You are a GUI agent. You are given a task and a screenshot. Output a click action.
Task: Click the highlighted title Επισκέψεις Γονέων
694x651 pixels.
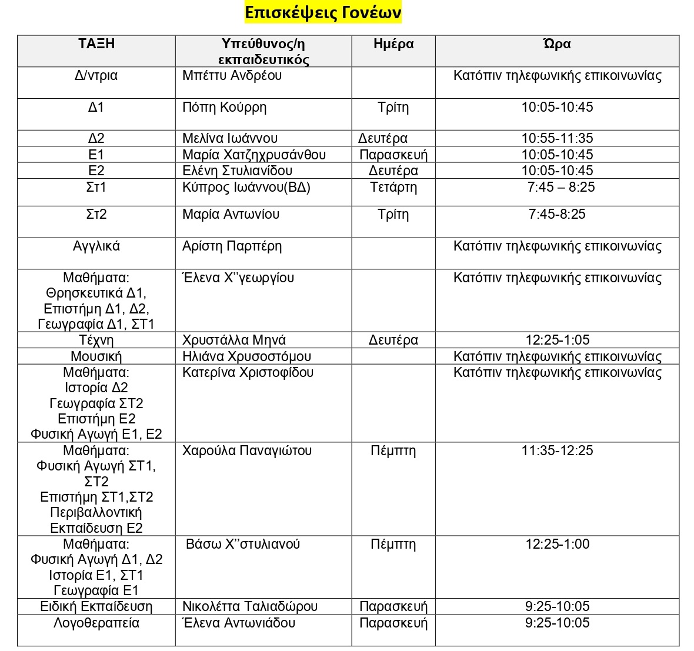pos(323,13)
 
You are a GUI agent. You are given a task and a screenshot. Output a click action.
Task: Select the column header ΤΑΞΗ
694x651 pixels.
pos(96,44)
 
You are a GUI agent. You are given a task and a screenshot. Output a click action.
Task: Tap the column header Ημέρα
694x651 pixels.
pos(393,44)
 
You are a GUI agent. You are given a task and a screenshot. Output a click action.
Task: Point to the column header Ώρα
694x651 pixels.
pos(556,44)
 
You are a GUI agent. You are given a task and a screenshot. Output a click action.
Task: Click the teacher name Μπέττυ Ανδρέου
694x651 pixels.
pos(232,76)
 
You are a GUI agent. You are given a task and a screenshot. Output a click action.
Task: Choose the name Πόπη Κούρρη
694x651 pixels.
pos(224,108)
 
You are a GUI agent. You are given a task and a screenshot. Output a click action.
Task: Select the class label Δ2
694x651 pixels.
pos(96,139)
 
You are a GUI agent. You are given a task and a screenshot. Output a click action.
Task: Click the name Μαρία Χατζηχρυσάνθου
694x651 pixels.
pos(253,155)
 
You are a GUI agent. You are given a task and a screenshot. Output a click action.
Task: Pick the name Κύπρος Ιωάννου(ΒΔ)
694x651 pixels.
pos(246,188)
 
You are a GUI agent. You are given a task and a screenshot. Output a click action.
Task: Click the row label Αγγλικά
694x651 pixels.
pos(96,246)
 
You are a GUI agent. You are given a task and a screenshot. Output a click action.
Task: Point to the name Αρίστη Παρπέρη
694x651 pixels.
pos(232,246)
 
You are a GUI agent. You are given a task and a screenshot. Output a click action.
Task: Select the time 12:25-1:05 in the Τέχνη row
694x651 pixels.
pos(557,340)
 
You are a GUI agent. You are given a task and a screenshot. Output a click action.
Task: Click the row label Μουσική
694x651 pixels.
pos(96,356)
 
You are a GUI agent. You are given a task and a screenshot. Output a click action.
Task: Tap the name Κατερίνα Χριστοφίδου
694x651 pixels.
pos(248,373)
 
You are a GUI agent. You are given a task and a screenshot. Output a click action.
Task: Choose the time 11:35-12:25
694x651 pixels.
pos(557,451)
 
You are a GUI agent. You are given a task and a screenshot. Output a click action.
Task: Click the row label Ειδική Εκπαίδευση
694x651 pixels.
pos(96,607)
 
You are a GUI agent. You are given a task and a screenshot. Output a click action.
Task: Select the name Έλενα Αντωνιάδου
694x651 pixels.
pos(238,623)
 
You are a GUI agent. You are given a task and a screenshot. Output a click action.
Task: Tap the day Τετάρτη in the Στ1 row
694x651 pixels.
pos(393,188)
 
